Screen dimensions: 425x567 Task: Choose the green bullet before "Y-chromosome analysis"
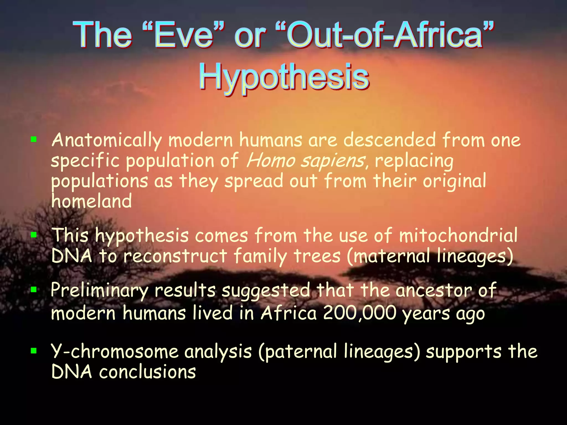34,351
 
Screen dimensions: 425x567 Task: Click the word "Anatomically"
107,141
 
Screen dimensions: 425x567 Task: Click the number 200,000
359,313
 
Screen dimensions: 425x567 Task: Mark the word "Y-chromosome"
115,351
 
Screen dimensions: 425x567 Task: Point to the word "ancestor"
433,291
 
